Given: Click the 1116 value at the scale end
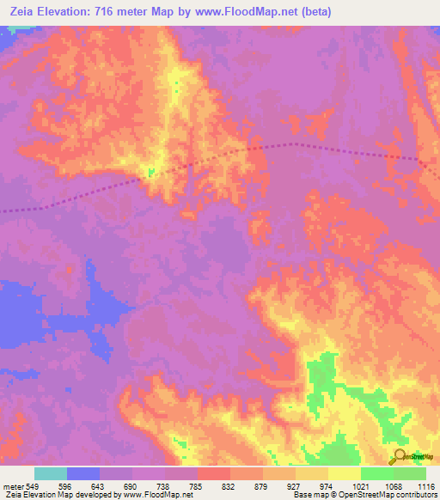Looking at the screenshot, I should [427, 486].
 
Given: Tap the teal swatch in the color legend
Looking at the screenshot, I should [51, 473].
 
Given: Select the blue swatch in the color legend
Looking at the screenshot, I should [83, 473].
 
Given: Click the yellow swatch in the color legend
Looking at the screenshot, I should [344, 473].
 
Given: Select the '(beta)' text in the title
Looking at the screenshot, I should [318, 12].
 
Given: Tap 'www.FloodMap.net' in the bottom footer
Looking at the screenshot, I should [159, 495].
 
